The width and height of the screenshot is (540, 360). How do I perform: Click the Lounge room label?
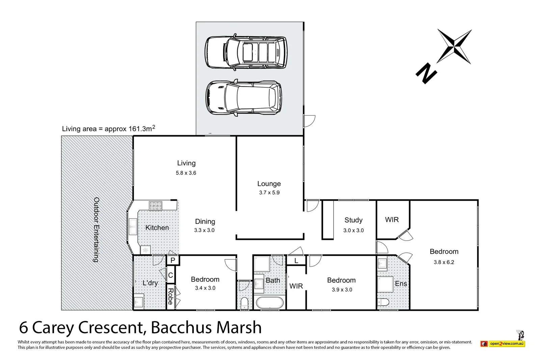(269, 184)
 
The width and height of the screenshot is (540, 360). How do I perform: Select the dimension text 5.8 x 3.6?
(186, 173)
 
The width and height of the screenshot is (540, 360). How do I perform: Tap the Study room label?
(353, 220)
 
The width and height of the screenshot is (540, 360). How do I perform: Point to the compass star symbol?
(454, 47)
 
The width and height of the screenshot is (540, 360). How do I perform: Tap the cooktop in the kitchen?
(156, 205)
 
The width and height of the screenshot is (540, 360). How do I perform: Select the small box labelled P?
(173, 260)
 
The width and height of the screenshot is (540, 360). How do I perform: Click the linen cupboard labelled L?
(296, 260)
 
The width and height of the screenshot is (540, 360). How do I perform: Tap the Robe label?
(170, 297)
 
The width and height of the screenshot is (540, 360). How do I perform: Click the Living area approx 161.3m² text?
(108, 129)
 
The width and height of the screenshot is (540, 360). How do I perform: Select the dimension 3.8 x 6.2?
(444, 262)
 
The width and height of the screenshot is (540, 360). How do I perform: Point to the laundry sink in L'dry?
(139, 300)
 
